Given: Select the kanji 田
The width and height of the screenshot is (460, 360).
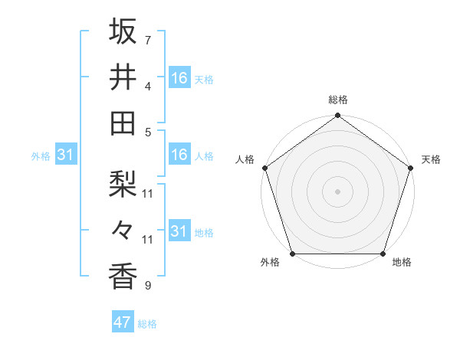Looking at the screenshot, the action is [123, 123].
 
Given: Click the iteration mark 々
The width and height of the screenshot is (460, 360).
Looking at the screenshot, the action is [123, 230].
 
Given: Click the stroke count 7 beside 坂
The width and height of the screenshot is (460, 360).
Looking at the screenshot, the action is [148, 39].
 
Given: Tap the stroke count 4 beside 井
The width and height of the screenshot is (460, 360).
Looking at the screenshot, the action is [148, 86].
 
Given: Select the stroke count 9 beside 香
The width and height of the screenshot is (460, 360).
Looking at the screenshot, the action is [148, 286].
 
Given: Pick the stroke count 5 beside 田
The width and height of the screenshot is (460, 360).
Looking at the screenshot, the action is [148, 132].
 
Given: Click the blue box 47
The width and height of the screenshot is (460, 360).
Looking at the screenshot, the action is [122, 322].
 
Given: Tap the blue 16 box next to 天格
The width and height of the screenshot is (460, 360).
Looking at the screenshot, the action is [179, 78].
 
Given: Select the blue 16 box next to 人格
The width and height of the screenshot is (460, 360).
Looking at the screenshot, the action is [179, 155].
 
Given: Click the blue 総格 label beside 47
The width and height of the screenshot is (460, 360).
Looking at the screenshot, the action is [147, 324].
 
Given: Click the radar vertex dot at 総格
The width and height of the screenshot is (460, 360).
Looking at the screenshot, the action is [337, 116].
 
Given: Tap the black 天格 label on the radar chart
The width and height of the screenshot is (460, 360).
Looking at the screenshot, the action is [432, 159].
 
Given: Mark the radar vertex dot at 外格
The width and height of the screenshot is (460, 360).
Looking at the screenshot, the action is [292, 254].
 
